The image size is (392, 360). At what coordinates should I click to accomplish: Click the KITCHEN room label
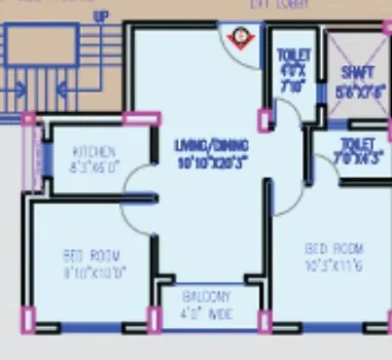(x=95, y=152)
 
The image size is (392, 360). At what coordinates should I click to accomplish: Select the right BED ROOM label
(x=334, y=247)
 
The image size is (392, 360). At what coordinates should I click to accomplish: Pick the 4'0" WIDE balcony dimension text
(x=204, y=312)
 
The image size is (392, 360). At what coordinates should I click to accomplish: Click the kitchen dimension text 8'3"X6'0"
(x=95, y=166)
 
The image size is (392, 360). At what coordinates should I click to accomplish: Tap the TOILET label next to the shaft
(x=292, y=55)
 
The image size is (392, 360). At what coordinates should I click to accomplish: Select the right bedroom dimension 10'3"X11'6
(x=334, y=263)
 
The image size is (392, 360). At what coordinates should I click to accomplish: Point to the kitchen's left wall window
(x=37, y=156)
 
